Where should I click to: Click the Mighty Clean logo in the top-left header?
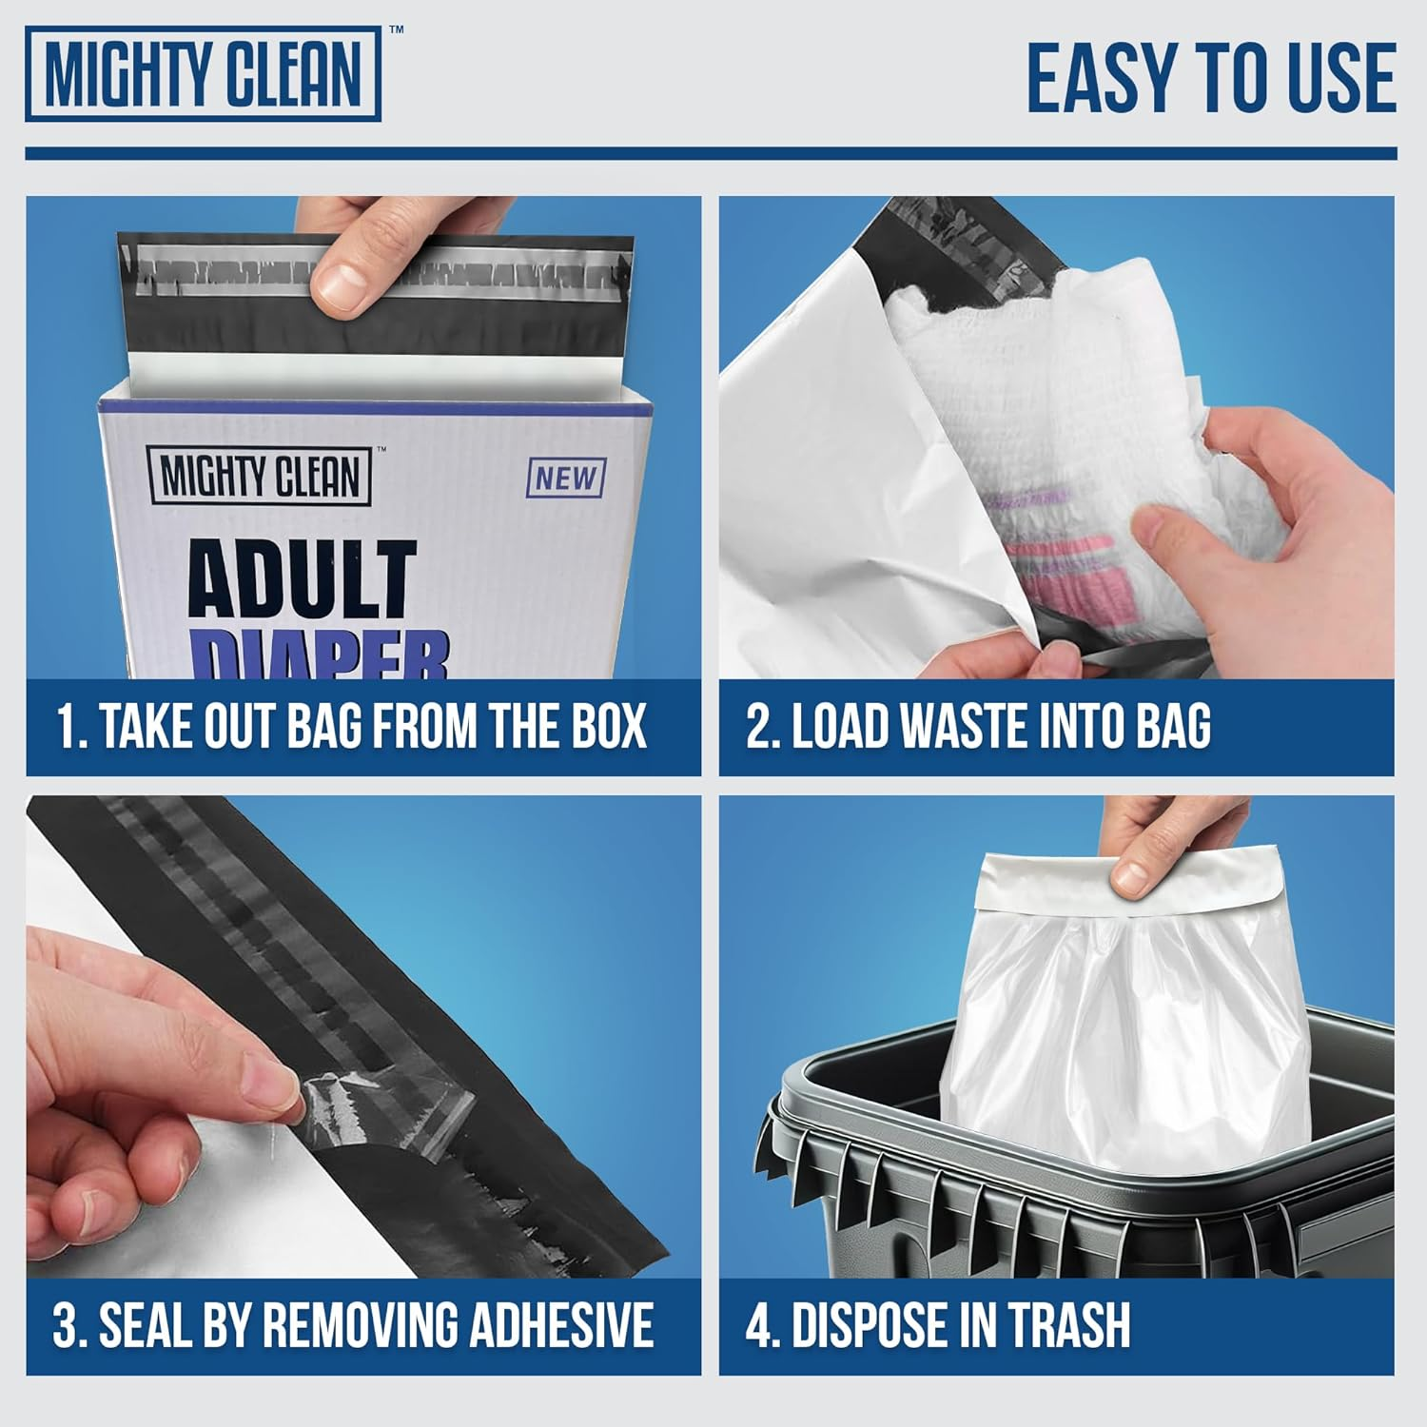point(204,74)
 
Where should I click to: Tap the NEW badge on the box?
point(565,478)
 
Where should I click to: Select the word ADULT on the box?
point(303,579)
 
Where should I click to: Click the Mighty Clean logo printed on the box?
point(260,477)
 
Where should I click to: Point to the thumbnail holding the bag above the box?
point(343,283)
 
